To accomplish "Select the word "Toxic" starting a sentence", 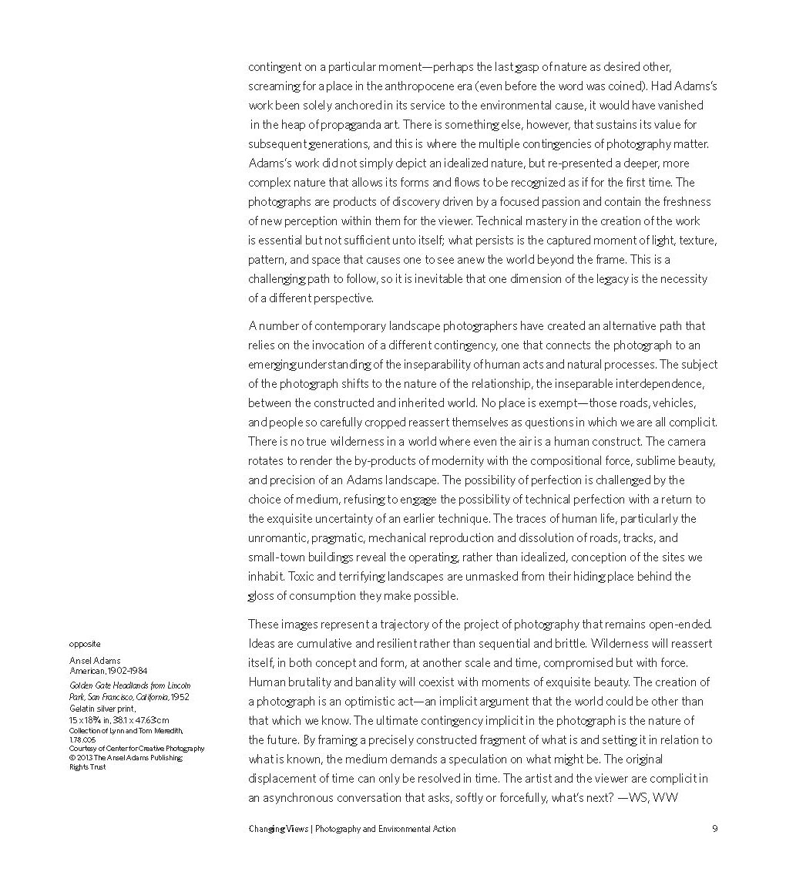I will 261,576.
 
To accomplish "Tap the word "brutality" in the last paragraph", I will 310,682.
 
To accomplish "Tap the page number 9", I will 714,829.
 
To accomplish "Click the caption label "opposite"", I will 85,644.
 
